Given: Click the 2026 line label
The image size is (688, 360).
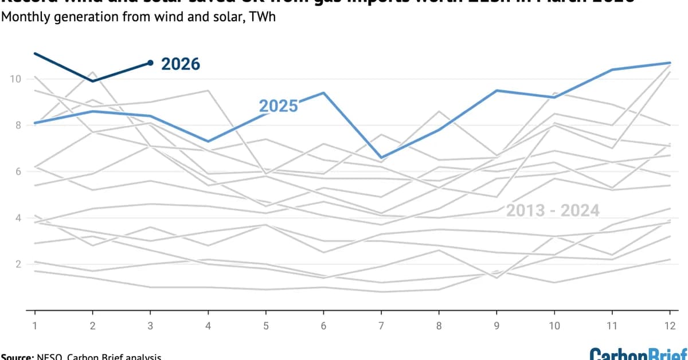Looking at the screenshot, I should (x=180, y=64).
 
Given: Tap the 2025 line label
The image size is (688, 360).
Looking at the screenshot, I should (x=278, y=106).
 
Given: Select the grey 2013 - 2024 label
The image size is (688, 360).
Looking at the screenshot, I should (x=552, y=211).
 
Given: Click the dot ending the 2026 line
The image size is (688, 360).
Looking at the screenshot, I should (x=150, y=62).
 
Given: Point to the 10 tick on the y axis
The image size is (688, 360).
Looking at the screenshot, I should (x=15, y=79).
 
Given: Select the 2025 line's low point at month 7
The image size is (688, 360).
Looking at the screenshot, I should (x=381, y=158).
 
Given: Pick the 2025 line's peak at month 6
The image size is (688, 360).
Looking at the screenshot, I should (x=323, y=92).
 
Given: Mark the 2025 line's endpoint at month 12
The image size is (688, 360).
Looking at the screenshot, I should (x=670, y=62).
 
